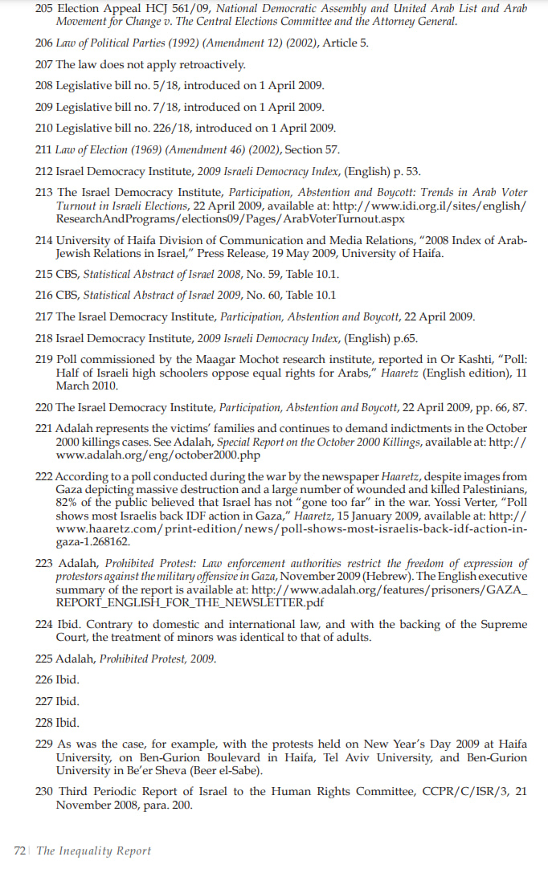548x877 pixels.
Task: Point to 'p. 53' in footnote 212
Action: click(407, 170)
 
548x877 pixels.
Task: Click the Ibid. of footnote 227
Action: click(67, 700)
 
